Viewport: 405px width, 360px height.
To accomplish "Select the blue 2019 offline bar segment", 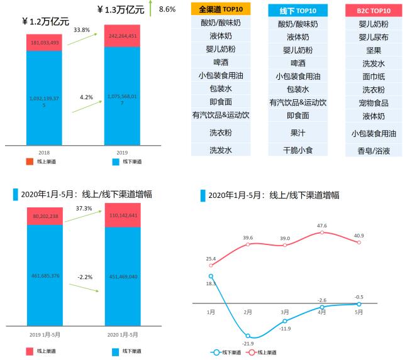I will coord(123,101).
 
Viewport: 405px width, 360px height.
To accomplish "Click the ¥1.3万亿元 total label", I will coord(121,10).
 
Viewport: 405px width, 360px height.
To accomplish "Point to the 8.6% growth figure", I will coord(167,9).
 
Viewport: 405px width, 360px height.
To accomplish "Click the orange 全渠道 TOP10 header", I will coord(221,10).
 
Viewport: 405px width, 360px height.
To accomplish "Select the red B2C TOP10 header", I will coord(372,10).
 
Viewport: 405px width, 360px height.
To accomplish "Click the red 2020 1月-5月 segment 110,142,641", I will coord(123,215).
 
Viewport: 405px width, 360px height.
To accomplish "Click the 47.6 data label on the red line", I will coord(322,226).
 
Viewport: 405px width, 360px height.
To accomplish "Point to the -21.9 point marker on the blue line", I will coord(248,335).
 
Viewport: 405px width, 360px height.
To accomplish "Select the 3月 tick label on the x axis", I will coord(285,312).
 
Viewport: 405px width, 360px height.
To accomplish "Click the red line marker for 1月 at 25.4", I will coord(211,265).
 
